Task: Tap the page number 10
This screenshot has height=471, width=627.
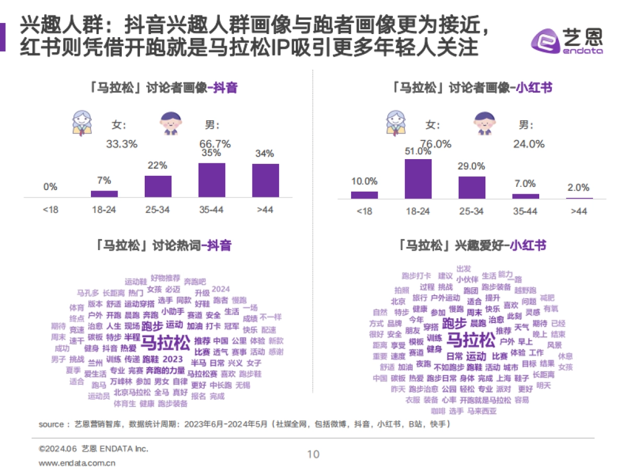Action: [313, 454]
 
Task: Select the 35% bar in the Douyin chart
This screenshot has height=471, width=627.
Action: [212, 180]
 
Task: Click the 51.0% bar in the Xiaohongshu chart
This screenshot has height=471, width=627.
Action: [418, 178]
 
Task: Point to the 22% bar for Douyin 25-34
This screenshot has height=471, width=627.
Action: [158, 186]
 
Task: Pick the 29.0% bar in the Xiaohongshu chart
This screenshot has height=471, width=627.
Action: [472, 187]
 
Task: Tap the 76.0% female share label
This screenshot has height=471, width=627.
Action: [436, 143]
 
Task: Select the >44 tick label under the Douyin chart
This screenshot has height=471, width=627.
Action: [265, 210]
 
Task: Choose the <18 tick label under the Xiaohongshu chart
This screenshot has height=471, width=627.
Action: [364, 211]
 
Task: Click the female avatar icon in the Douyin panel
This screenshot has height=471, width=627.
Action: [82, 122]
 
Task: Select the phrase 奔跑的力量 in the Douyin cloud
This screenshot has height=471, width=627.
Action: [165, 371]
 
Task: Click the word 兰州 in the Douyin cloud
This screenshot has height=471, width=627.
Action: [95, 362]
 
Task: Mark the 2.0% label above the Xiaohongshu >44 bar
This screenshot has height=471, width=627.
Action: [578, 187]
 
